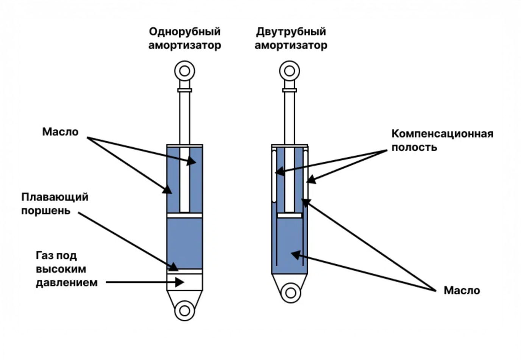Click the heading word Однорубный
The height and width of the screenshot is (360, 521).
click(184, 31)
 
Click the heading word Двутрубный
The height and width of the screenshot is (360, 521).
click(291, 31)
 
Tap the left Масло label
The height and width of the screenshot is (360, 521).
click(60, 132)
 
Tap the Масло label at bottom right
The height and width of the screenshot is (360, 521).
click(462, 291)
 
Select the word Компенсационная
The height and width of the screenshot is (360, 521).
click(442, 134)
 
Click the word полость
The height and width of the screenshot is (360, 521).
click(414, 147)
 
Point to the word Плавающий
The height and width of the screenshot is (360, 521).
click(55, 197)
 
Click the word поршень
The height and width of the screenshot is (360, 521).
click(46, 210)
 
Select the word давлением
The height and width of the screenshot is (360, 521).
click(67, 283)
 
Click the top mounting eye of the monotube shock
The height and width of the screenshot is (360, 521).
click(184, 71)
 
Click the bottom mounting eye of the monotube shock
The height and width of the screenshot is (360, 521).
click(184, 311)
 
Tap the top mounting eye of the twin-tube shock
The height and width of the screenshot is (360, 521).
click(290, 71)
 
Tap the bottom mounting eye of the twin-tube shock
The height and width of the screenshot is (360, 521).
click(290, 293)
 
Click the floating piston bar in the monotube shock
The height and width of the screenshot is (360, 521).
click(185, 271)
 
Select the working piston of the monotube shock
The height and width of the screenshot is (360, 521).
click(185, 215)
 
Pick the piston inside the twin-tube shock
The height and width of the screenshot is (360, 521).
click(290, 215)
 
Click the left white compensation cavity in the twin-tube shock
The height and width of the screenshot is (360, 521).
click(274, 176)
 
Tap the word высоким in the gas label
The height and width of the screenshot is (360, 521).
click(61, 269)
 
